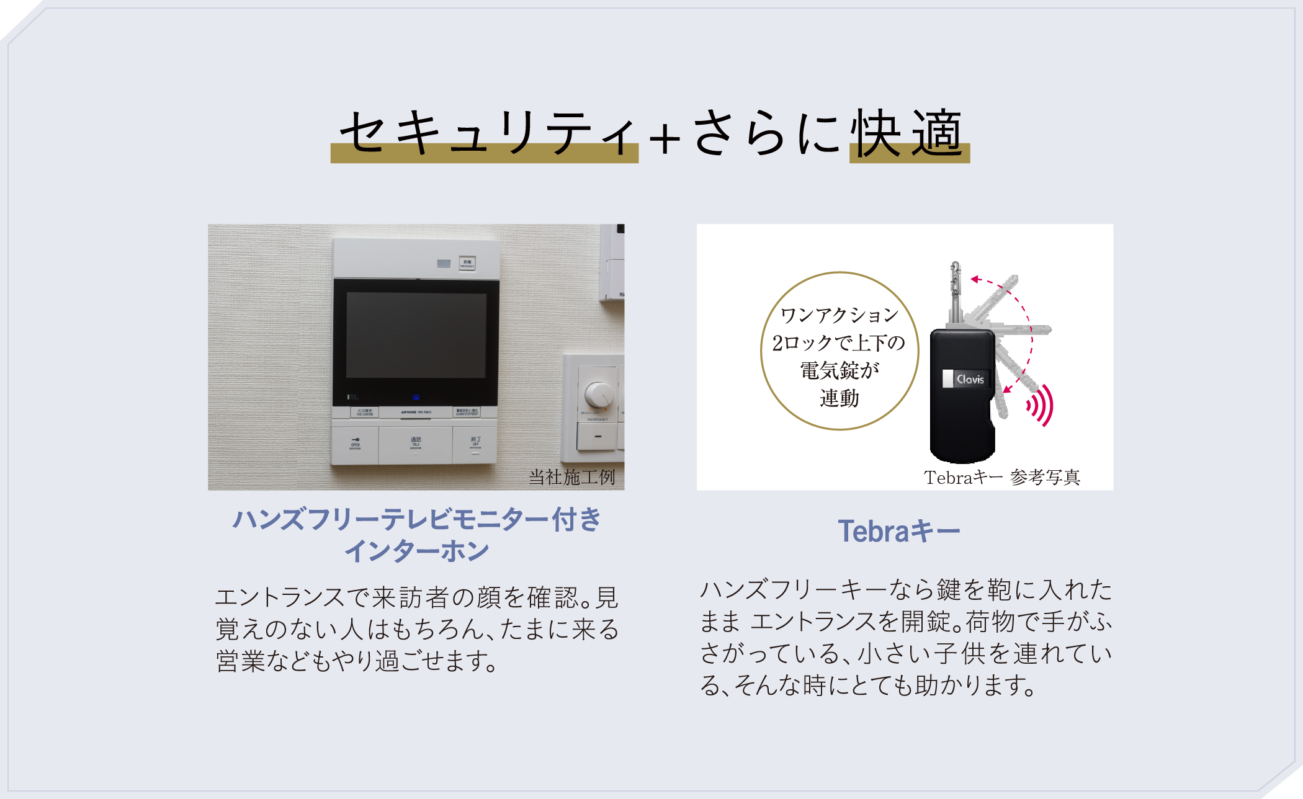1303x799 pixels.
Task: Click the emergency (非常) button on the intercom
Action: [x=467, y=263]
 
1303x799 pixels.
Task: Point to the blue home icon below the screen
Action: [x=416, y=397]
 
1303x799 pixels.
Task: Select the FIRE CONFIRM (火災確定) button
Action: [x=364, y=412]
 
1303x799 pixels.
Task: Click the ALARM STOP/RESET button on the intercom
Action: [x=467, y=412]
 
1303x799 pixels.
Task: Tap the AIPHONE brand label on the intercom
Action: [x=416, y=412]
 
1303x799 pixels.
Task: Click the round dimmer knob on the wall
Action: [x=599, y=395]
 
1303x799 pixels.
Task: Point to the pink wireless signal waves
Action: [x=1041, y=405]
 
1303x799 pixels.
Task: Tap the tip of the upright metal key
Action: [x=956, y=266]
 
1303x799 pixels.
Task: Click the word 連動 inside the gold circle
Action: [x=839, y=398]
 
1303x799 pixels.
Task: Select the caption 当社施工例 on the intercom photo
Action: [x=571, y=477]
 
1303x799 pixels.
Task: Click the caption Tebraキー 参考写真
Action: [x=1001, y=477]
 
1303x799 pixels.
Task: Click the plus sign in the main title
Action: [x=665, y=138]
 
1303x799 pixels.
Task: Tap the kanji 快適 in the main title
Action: [x=908, y=133]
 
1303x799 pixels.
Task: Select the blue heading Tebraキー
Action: [x=899, y=532]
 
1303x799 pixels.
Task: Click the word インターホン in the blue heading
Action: [x=416, y=551]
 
